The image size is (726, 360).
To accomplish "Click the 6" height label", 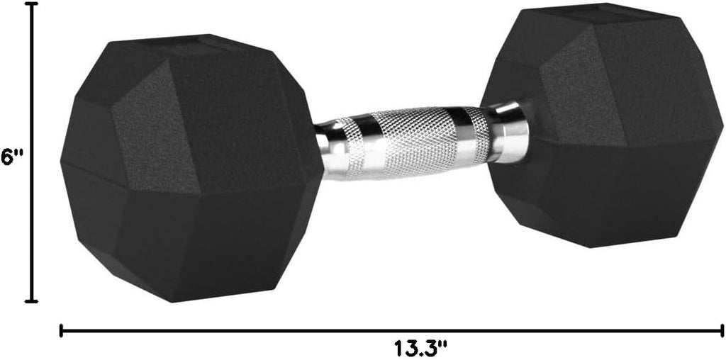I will point(12,157).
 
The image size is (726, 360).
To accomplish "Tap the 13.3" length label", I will point(421,349).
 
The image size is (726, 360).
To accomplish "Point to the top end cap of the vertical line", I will point(31,4).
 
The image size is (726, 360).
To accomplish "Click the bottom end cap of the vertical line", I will point(31,301).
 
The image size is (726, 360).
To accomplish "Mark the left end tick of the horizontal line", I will point(62,330).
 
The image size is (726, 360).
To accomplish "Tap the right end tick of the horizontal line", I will point(721,330).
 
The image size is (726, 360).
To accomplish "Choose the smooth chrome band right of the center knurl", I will point(464,136).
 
